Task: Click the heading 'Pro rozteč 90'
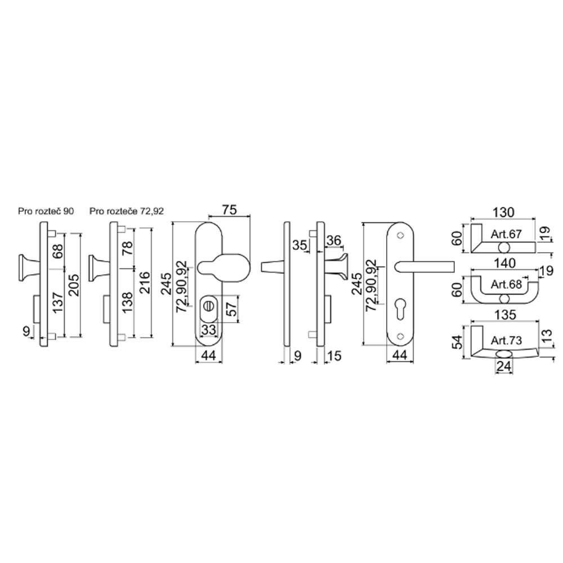tap(46, 211)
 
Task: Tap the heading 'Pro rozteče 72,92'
tap(126, 211)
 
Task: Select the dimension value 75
tap(230, 209)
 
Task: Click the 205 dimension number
tap(74, 285)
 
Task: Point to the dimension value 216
tap(144, 283)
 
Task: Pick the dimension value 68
tap(57, 251)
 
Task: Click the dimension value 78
tap(127, 248)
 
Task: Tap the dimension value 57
tap(233, 309)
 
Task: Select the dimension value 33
tap(208, 329)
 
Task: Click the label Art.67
tap(506, 234)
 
